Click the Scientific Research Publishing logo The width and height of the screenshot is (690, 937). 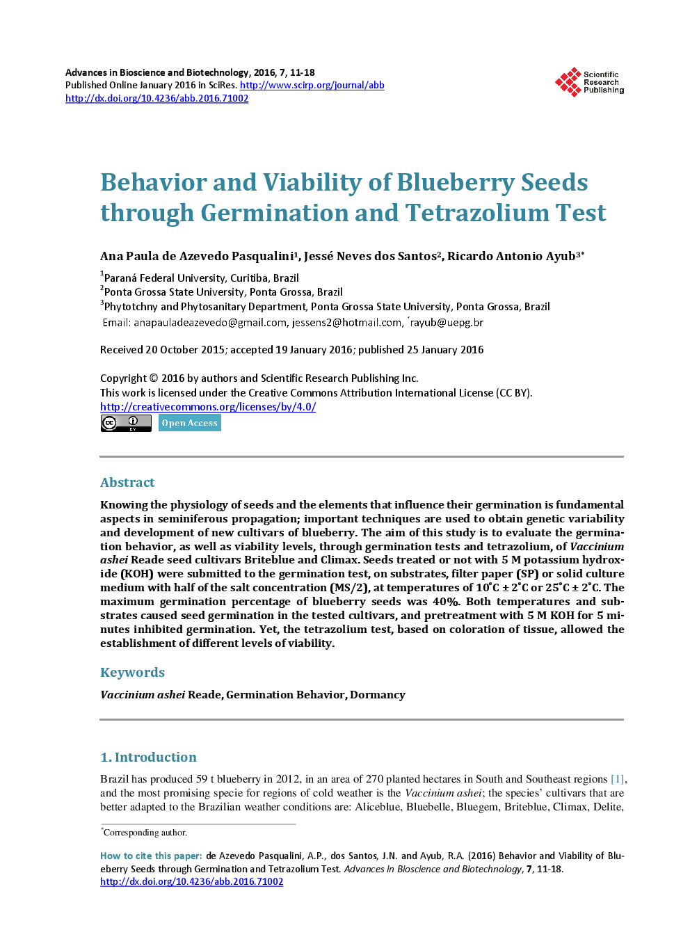coord(588,82)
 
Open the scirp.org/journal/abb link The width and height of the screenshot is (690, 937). coord(312,85)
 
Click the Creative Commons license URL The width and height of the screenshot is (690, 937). coord(207,407)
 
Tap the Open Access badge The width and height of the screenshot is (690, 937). coord(189,423)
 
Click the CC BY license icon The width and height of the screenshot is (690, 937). coord(126,423)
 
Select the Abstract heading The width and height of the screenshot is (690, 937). coord(127,482)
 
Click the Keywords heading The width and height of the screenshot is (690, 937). coord(132,672)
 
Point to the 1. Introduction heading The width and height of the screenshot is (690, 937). coord(148,757)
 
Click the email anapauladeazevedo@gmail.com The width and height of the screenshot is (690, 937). coord(210,323)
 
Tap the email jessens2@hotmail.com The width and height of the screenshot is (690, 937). coord(346,323)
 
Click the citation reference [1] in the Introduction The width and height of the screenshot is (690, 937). coord(617,779)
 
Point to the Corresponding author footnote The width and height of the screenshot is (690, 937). coord(145,833)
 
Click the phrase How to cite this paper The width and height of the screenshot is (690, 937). coord(151,856)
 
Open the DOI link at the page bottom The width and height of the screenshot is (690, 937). coord(191,881)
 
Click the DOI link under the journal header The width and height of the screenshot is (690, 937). coord(157,98)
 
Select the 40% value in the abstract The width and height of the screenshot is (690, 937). coord(446,602)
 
